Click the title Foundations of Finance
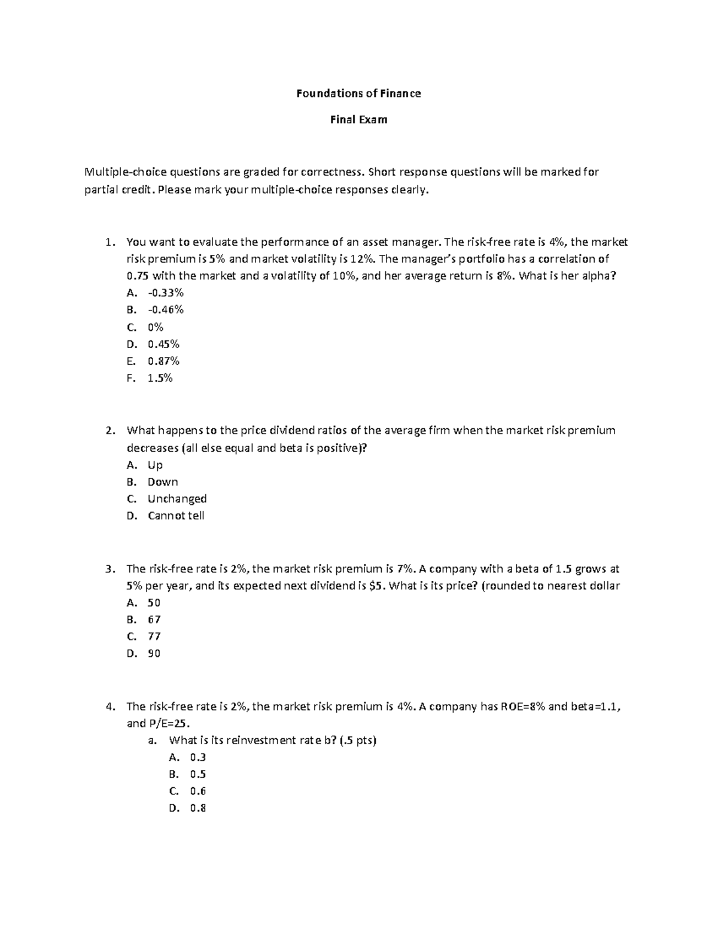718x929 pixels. pyautogui.click(x=358, y=93)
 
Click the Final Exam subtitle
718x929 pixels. pyautogui.click(x=358, y=120)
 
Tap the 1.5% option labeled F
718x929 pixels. pyautogui.click(x=160, y=377)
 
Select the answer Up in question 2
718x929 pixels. pyautogui.click(x=155, y=465)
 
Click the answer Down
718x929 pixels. pyautogui.click(x=163, y=482)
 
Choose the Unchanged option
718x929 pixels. pyautogui.click(x=177, y=498)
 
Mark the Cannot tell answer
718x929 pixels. pyautogui.click(x=176, y=515)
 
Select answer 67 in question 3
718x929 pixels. pyautogui.click(x=154, y=619)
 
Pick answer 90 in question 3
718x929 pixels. pyautogui.click(x=154, y=653)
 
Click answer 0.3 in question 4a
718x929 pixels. pyautogui.click(x=197, y=757)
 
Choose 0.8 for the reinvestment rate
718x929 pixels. pyautogui.click(x=197, y=808)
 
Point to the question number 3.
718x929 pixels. pyautogui.click(x=108, y=569)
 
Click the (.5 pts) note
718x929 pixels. pyautogui.click(x=357, y=740)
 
